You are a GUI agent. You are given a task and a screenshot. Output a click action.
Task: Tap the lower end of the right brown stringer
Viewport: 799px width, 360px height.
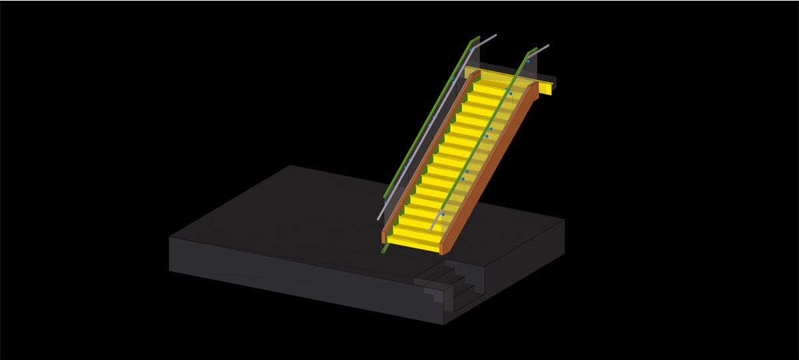point(442,248)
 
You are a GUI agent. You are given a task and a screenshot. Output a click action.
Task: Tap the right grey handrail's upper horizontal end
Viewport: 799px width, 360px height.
point(542,49)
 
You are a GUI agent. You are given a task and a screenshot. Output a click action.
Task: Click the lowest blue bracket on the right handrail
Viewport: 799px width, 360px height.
point(443,214)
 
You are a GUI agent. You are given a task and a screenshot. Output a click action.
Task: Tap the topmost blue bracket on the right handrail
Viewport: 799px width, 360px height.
point(528,61)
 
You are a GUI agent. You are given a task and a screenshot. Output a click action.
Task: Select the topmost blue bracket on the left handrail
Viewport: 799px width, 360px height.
point(454,79)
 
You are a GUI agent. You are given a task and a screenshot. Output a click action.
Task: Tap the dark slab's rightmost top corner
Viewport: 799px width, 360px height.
point(564,220)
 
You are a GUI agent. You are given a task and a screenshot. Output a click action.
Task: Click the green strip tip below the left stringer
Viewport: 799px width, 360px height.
point(384,250)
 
